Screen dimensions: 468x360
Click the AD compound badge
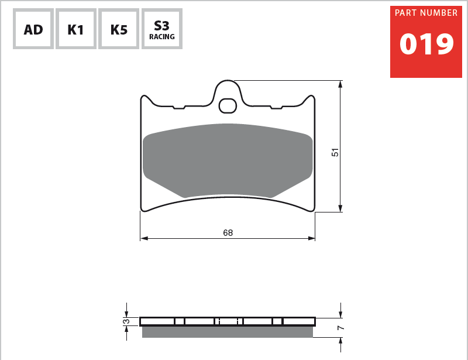pos(33,29)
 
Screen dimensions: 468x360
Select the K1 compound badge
pos(76,29)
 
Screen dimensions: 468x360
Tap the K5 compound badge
pos(119,29)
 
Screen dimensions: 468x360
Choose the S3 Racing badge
pos(162,29)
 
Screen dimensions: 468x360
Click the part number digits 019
pos(426,44)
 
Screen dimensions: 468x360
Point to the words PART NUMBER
pos(426,13)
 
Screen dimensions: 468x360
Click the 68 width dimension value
pos(228,233)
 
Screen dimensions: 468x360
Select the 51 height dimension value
pos(335,152)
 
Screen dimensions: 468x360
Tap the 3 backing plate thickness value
pos(126,321)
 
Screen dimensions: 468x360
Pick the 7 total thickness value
pos(340,328)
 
